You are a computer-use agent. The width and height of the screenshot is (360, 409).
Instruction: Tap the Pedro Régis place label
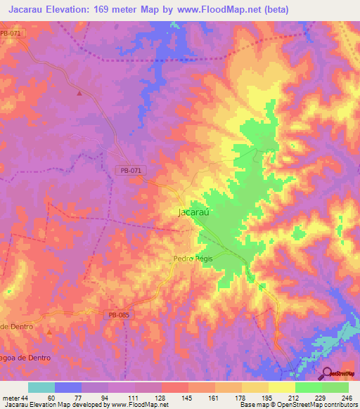tap(193, 259)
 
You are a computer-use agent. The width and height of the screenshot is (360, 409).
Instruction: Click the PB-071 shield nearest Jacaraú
tap(130, 171)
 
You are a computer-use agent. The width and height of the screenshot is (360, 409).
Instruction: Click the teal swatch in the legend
tap(41, 387)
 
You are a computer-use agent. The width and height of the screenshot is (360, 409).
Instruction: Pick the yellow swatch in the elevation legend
tap(282, 387)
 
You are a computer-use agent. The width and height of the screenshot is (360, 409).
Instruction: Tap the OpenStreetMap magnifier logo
tap(326, 373)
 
